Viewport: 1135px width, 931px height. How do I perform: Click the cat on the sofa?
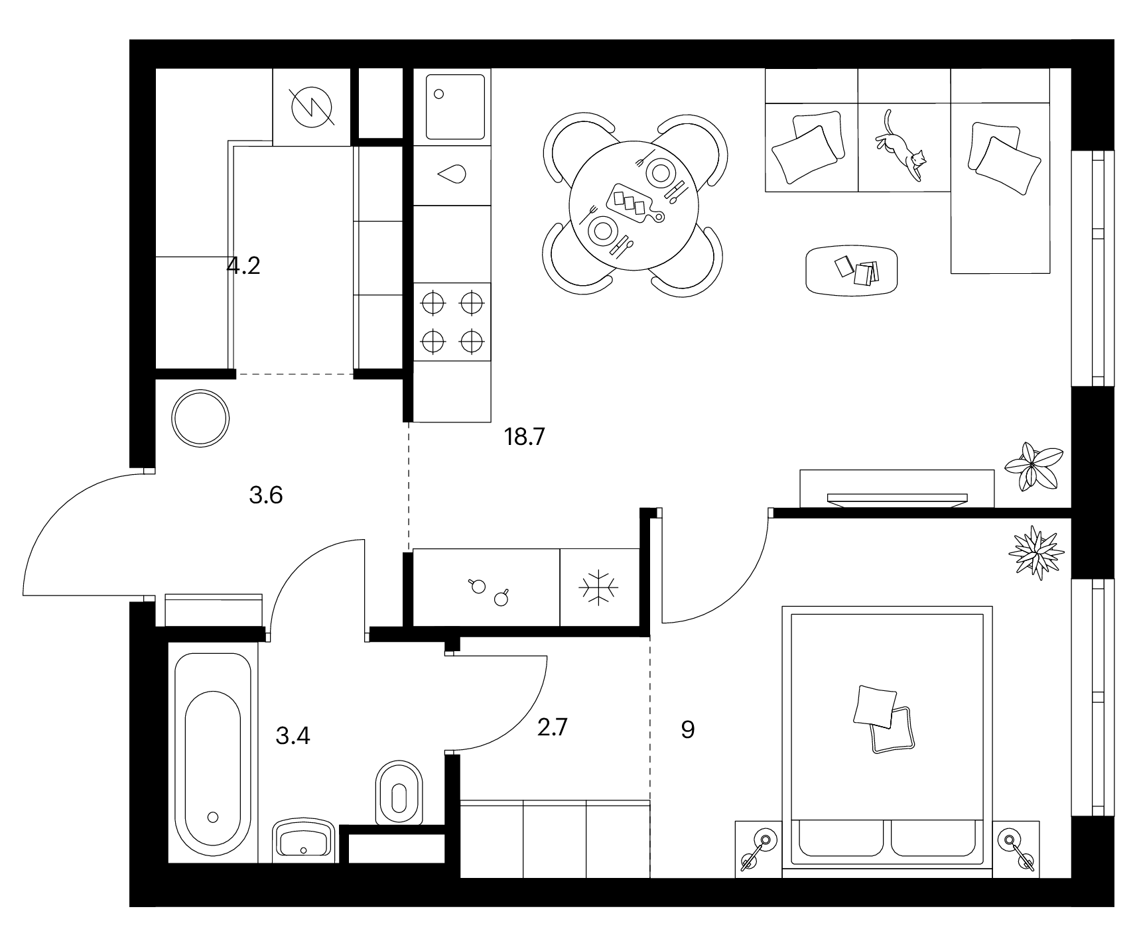tap(901, 147)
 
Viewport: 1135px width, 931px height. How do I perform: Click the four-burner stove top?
tap(452, 322)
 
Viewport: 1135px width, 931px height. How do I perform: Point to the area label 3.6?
tap(266, 495)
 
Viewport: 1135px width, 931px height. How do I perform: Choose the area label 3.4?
tap(293, 736)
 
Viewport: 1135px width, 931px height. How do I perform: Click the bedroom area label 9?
tap(688, 730)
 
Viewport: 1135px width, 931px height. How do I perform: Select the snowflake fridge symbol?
tap(598, 586)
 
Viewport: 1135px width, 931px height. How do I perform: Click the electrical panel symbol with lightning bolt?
tap(311, 107)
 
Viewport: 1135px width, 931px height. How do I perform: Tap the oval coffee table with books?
tap(852, 270)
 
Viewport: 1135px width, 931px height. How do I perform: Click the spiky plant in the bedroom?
tap(1035, 552)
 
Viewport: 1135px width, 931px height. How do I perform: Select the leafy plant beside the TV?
tap(1034, 466)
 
